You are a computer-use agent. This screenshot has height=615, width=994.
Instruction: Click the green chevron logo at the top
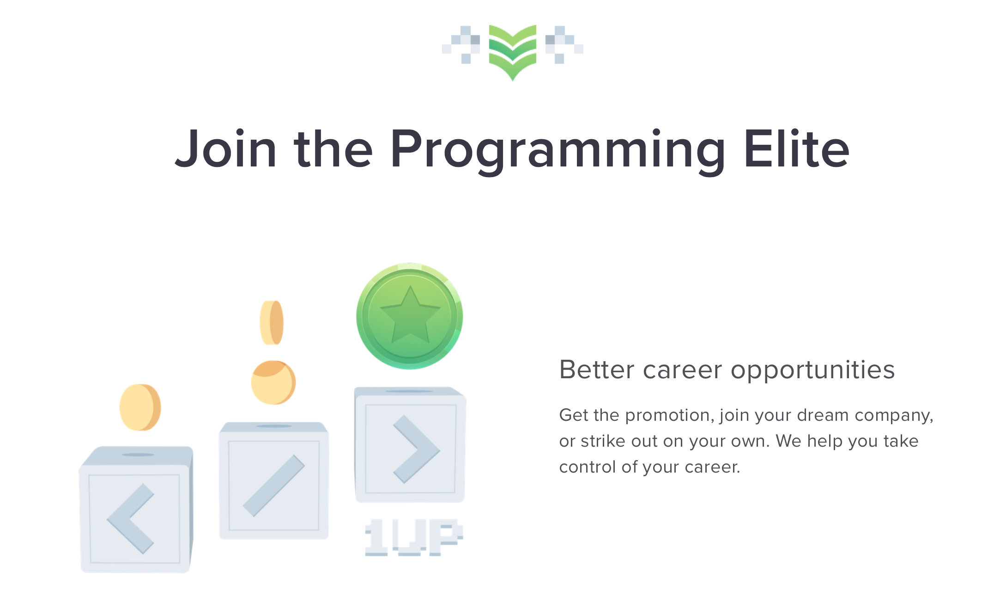[x=512, y=52]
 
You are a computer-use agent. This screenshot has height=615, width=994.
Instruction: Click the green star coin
[x=410, y=316]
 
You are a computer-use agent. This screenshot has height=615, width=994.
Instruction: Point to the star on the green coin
[x=410, y=314]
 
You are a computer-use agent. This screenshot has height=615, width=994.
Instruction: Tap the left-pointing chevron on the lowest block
[x=130, y=519]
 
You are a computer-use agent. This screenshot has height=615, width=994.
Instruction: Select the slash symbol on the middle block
[x=274, y=486]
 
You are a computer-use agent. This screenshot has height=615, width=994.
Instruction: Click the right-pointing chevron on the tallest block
[x=416, y=449]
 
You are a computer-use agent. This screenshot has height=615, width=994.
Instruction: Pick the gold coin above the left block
[x=140, y=407]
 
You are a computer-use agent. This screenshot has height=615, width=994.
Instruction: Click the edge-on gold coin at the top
[x=272, y=323]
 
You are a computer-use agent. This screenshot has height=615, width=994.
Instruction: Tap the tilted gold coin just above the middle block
[x=273, y=382]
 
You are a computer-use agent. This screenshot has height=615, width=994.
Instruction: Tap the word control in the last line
[x=588, y=467]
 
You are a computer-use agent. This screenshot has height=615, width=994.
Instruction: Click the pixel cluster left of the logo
[x=461, y=44]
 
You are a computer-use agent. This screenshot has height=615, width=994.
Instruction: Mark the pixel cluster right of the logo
[x=564, y=44]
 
